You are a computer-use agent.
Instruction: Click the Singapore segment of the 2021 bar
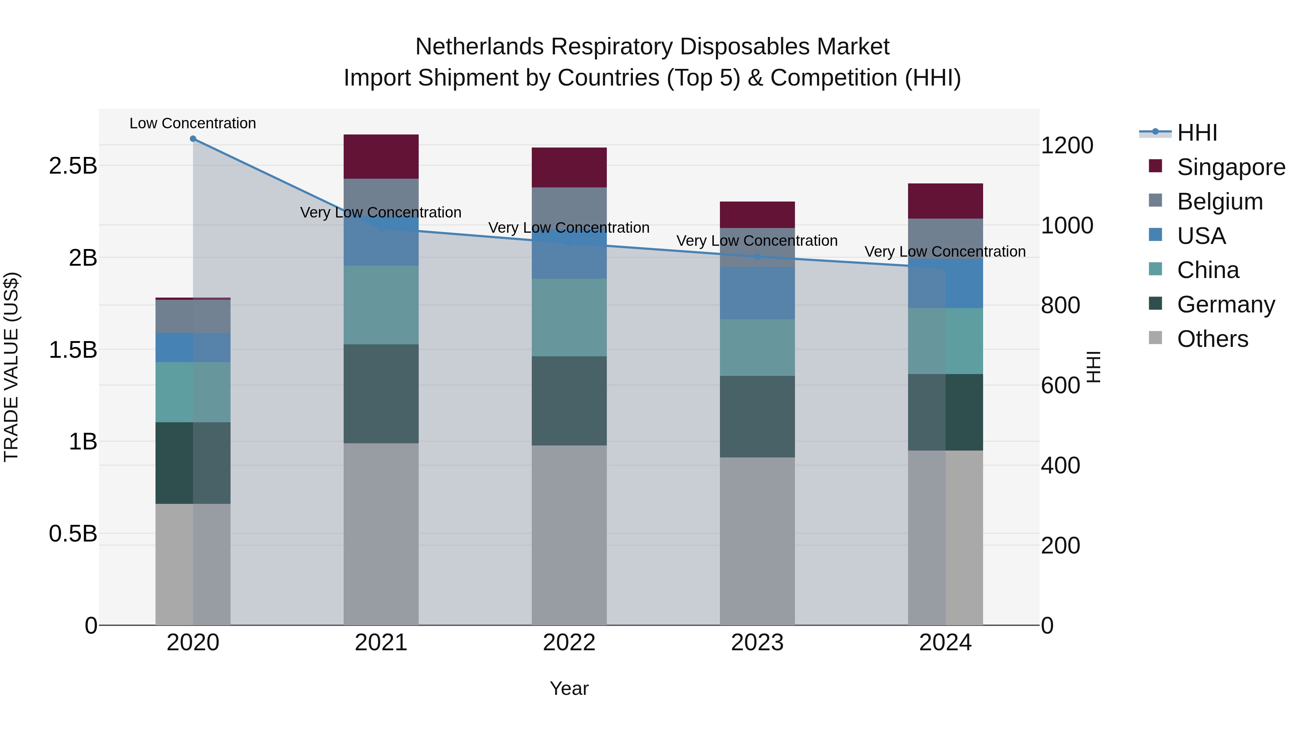click(x=381, y=157)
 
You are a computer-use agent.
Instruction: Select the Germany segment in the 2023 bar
click(x=757, y=416)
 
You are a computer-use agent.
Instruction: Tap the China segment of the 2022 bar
click(x=569, y=317)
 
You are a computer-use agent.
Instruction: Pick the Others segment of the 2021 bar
click(x=381, y=534)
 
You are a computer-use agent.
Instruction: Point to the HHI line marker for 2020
click(x=193, y=139)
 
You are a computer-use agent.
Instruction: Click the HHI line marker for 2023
click(x=757, y=257)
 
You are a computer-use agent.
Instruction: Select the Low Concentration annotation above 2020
click(x=192, y=124)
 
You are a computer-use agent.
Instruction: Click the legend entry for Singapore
click(x=1231, y=167)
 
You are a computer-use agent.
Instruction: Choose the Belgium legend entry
click(x=1219, y=202)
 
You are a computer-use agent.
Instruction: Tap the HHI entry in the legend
click(x=1197, y=133)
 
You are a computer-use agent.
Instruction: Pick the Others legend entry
click(x=1212, y=339)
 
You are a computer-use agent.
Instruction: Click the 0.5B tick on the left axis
click(x=73, y=534)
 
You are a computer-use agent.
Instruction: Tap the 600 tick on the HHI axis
click(x=1060, y=386)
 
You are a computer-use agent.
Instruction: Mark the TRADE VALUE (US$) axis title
click(x=11, y=367)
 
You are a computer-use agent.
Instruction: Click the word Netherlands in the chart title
click(x=479, y=47)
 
